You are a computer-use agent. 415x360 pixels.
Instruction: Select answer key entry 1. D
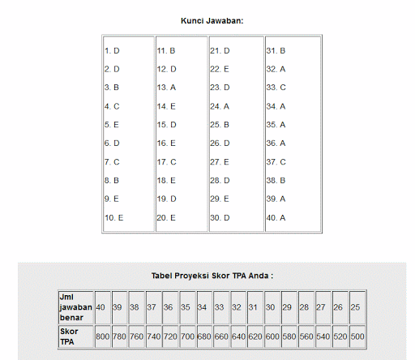(112, 50)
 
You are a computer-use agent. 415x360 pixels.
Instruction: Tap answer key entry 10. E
(113, 217)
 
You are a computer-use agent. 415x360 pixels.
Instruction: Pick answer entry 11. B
(166, 50)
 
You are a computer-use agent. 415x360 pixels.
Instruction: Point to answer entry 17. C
(166, 161)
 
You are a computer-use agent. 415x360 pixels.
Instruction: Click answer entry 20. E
(166, 217)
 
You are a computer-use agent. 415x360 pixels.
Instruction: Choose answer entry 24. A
(220, 106)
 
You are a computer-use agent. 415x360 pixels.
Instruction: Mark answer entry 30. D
(220, 217)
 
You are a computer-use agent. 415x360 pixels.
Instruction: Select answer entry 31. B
(276, 50)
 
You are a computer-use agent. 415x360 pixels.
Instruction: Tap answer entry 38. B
(276, 180)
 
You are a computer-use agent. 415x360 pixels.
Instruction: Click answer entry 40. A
(276, 217)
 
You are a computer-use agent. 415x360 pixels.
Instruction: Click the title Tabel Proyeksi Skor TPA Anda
(212, 276)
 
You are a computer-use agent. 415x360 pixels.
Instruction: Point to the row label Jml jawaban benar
(75, 307)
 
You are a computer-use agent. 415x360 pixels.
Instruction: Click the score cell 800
(102, 336)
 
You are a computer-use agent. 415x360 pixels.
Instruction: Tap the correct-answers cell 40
(101, 307)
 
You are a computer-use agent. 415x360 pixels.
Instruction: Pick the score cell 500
(357, 336)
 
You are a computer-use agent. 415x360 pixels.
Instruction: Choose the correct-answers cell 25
(356, 307)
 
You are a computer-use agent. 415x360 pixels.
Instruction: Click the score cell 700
(187, 336)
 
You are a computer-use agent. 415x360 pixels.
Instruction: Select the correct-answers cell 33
(220, 307)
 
